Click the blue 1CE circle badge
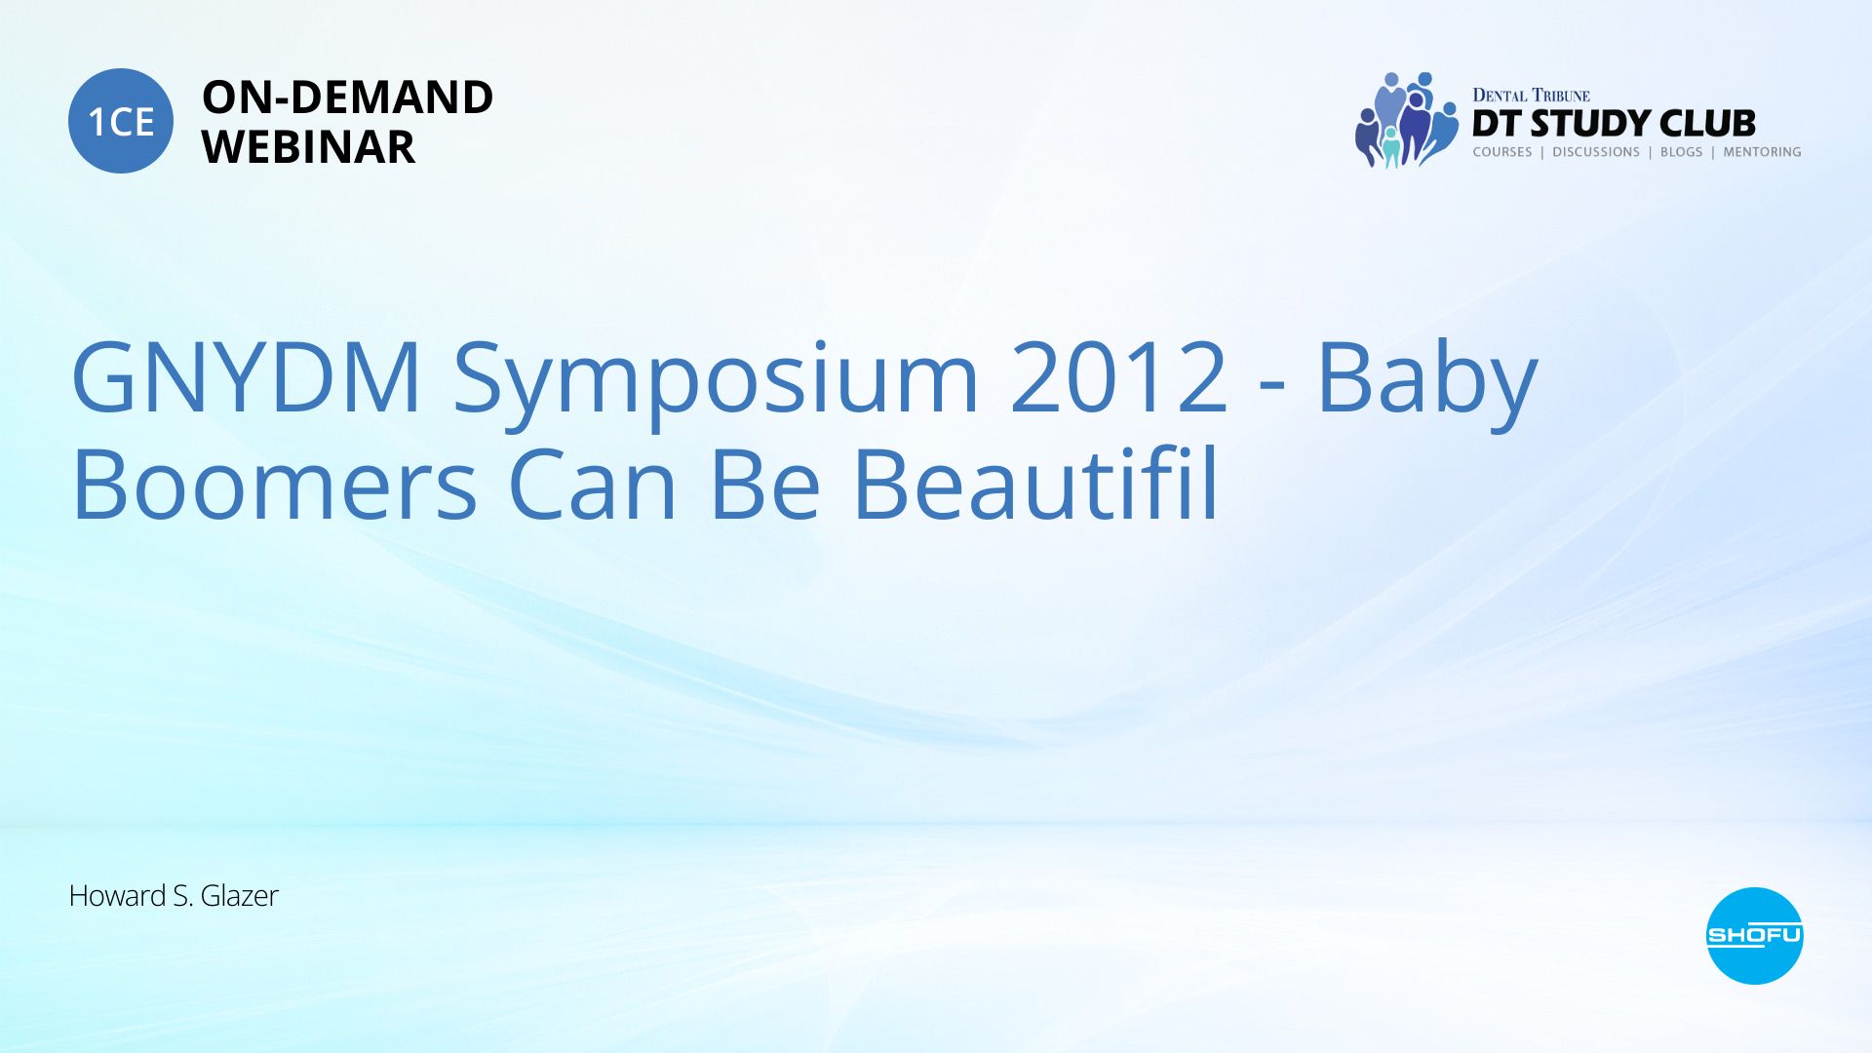(121, 121)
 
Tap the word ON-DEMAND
(347, 97)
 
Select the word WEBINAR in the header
(308, 147)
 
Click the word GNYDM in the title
(247, 377)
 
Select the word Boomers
(275, 486)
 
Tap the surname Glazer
(239, 895)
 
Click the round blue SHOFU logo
(1754, 936)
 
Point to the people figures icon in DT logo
(1405, 120)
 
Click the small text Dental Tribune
(1531, 95)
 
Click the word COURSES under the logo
(1501, 152)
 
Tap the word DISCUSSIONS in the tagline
(1596, 152)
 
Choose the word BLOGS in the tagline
(1681, 152)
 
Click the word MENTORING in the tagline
(1762, 152)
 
